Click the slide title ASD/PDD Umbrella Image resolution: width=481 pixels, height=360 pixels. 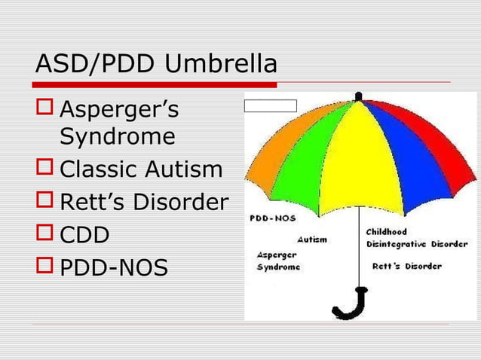(156, 65)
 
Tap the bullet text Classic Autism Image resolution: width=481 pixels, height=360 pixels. (141, 169)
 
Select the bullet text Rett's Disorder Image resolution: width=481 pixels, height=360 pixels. (143, 203)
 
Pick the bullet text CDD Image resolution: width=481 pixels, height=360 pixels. (84, 235)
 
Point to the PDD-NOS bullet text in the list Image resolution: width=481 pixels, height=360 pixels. (114, 267)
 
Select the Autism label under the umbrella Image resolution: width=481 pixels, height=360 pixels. (312, 239)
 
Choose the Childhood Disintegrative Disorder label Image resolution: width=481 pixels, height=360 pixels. (415, 238)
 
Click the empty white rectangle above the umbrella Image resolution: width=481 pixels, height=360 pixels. (271, 106)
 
